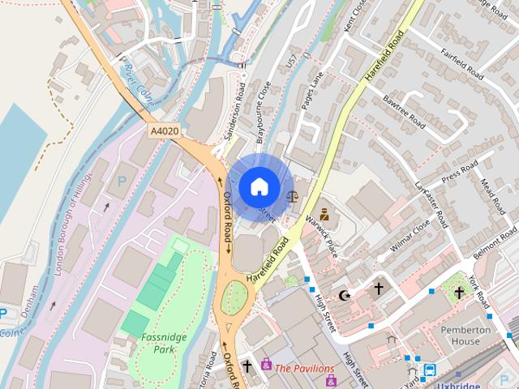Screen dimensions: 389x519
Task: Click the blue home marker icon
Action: pyautogui.click(x=259, y=186)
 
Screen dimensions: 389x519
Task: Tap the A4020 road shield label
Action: pyautogui.click(x=164, y=130)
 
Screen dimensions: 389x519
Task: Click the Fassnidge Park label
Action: pyautogui.click(x=165, y=343)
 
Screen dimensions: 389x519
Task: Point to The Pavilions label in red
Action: pyautogui.click(x=304, y=368)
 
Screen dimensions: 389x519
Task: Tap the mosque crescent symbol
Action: pyautogui.click(x=346, y=295)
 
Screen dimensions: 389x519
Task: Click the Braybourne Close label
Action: pyautogui.click(x=263, y=122)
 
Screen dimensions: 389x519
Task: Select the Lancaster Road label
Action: pyautogui.click(x=431, y=203)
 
